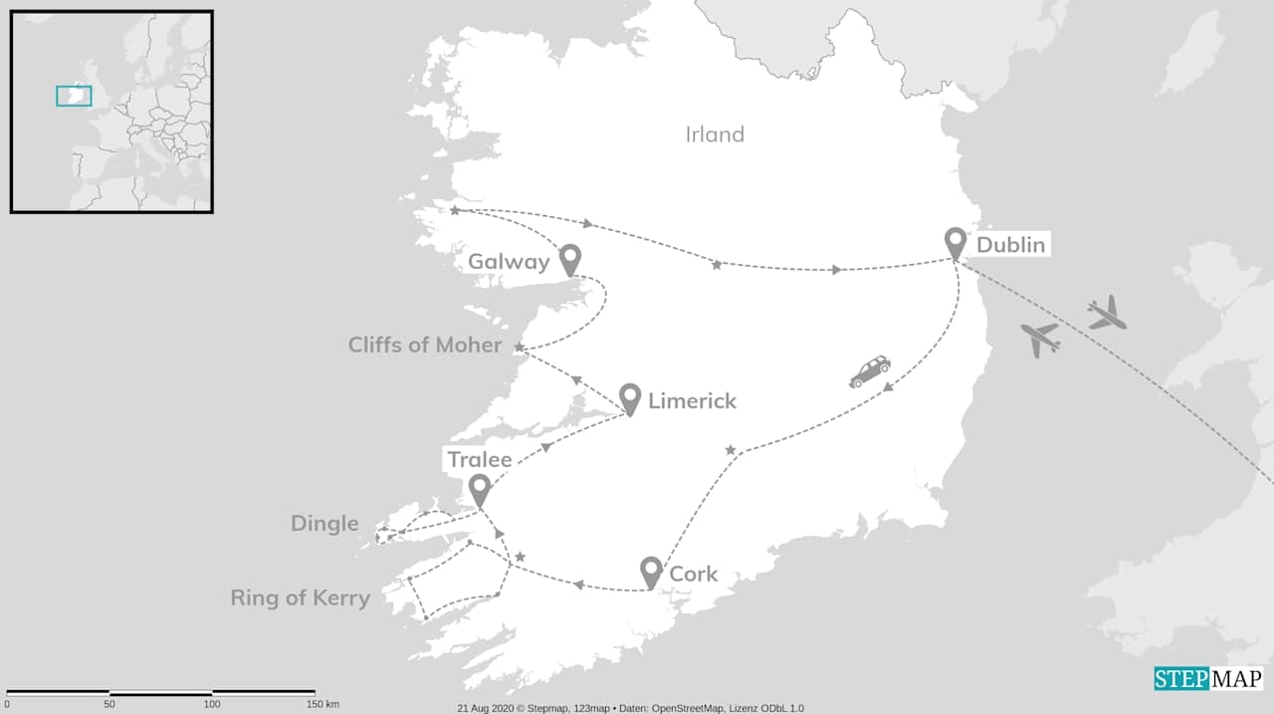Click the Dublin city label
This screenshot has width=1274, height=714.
pos(1011,245)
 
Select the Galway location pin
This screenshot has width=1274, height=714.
pos(569,259)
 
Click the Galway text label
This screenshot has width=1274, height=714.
pos(509,262)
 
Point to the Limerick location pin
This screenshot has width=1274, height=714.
pos(629,398)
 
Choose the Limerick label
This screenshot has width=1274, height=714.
pos(692,401)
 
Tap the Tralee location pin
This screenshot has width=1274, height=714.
pos(480,489)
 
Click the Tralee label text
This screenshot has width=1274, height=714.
pos(479,459)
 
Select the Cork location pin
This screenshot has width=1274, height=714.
pos(651,572)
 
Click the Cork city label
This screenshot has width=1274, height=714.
pos(694,575)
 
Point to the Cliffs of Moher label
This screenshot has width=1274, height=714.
pos(425,345)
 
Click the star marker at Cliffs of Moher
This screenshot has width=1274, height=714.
pos(520,347)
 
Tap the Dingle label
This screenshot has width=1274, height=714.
pos(324,524)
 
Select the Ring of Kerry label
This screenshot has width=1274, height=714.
pos(300,598)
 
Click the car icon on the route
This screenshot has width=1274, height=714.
pos(870,371)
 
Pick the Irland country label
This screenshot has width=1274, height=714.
pos(715,134)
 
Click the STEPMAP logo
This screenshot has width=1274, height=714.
pos(1208,679)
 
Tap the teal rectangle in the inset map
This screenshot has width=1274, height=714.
pos(74,96)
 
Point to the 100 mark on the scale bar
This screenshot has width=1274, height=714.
pos(212,704)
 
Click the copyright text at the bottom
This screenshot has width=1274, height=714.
pos(630,708)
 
